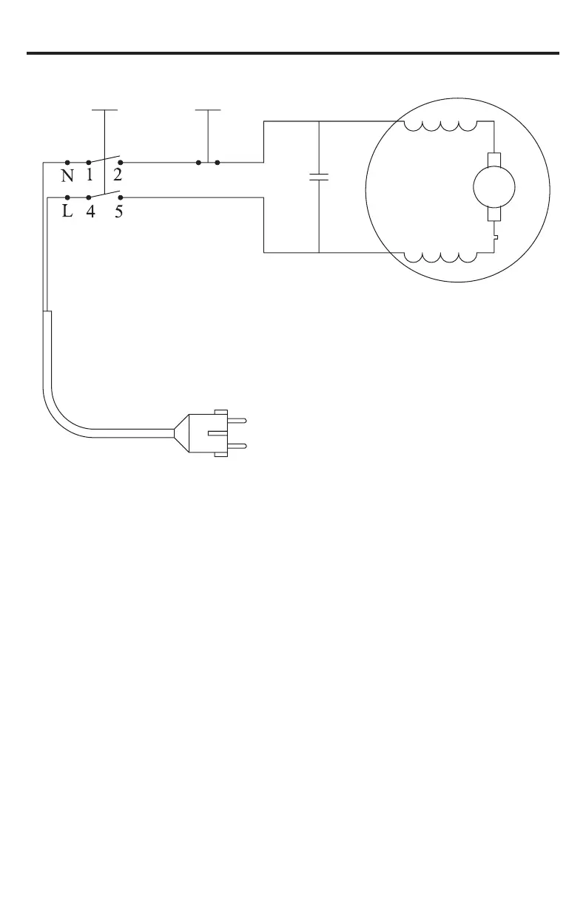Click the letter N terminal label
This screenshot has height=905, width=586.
67,177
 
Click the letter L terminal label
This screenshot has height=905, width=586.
67,212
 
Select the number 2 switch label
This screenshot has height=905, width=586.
118,176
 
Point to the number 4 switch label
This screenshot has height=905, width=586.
90,212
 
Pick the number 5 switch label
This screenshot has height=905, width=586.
119,212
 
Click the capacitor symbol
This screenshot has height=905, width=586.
318,178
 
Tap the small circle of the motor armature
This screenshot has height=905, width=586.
494,188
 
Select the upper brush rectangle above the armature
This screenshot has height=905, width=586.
494,160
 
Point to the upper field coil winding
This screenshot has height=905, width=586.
441,126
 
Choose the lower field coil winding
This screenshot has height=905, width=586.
441,257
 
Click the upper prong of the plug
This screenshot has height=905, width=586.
239,419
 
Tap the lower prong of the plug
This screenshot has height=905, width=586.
239,446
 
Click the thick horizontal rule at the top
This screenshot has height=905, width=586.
293,53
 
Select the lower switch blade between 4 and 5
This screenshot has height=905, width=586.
104,194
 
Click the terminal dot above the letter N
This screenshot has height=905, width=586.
67,161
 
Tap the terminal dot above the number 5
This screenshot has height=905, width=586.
121,197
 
